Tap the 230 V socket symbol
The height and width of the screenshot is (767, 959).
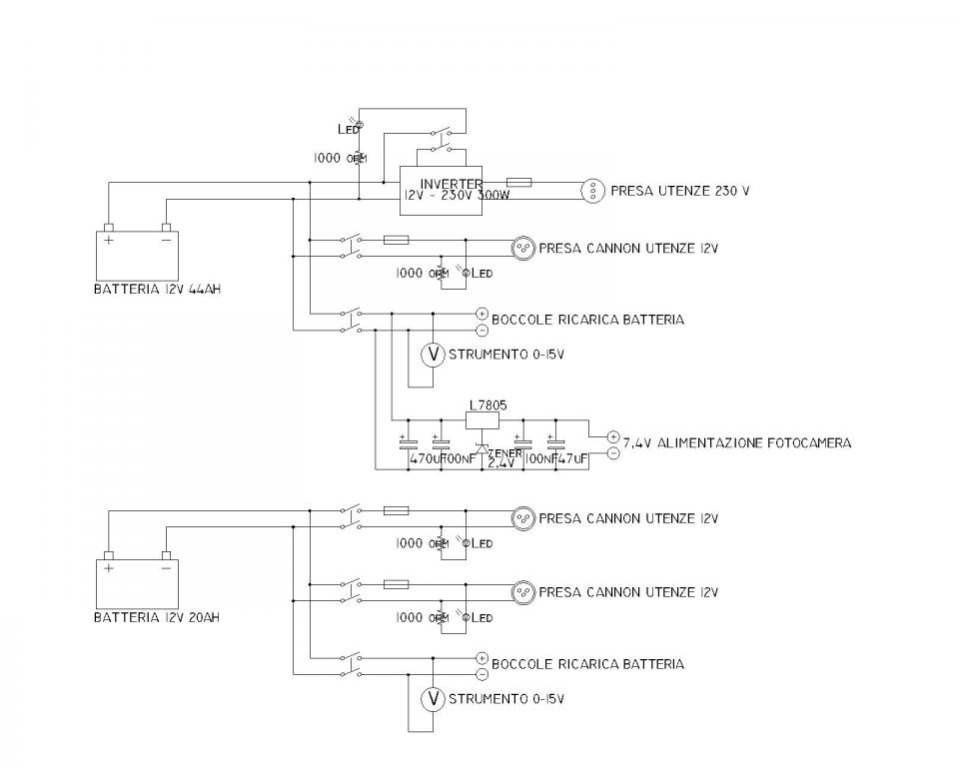tap(593, 190)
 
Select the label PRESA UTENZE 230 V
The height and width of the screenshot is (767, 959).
tap(679, 190)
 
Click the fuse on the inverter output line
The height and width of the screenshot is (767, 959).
tap(519, 183)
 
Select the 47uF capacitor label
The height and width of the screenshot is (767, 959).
tap(571, 459)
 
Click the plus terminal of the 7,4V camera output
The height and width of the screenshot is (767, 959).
tap(613, 436)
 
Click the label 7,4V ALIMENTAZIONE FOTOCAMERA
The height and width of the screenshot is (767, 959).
tap(737, 442)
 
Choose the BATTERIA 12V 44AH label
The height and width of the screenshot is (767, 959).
tap(157, 291)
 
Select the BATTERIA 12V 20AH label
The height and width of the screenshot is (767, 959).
tap(157, 617)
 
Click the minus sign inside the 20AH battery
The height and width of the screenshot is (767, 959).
tap(166, 567)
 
